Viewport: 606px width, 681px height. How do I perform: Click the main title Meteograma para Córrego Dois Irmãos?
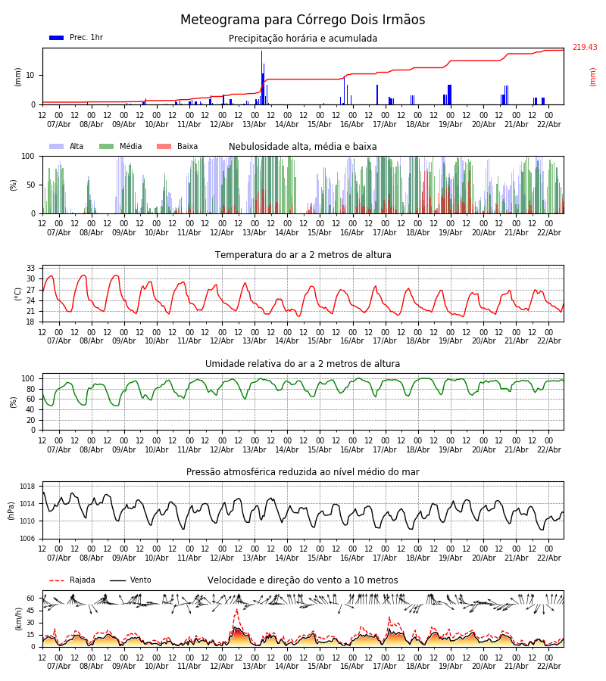coord(302,20)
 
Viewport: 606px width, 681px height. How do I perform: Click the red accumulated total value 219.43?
coord(584,48)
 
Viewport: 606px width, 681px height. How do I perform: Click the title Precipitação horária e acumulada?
coord(303,39)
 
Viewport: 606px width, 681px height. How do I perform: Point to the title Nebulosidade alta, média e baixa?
coord(303,147)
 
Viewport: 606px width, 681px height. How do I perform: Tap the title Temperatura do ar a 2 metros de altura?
coord(303,255)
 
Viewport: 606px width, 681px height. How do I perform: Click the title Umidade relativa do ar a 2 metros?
coord(303,364)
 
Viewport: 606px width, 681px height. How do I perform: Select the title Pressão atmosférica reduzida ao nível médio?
coord(303,472)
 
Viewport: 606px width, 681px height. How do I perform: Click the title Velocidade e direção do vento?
coord(303,580)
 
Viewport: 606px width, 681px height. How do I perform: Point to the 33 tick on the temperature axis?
coord(31,268)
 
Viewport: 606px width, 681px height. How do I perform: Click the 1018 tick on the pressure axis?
coord(28,487)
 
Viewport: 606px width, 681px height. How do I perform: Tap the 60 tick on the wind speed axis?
coord(31,598)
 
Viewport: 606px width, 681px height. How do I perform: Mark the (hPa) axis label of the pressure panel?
coord(11,510)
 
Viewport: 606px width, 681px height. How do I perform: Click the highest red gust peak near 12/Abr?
coord(236,610)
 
